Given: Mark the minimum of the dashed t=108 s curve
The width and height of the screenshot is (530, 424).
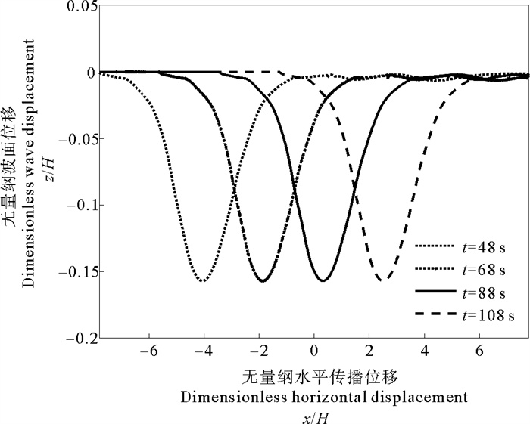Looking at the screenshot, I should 385,280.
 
